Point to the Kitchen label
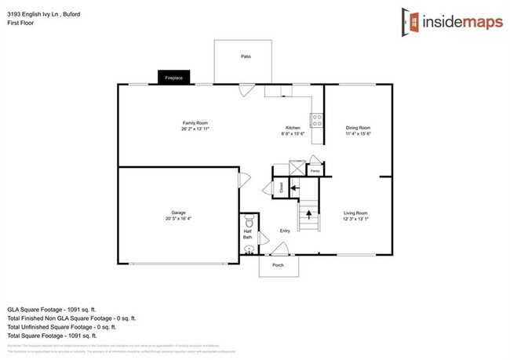pos(293,127)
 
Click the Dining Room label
pos(359,127)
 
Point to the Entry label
pos(286,231)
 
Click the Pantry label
pos(315,170)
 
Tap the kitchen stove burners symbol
pos(319,121)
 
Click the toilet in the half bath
pos(248,219)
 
